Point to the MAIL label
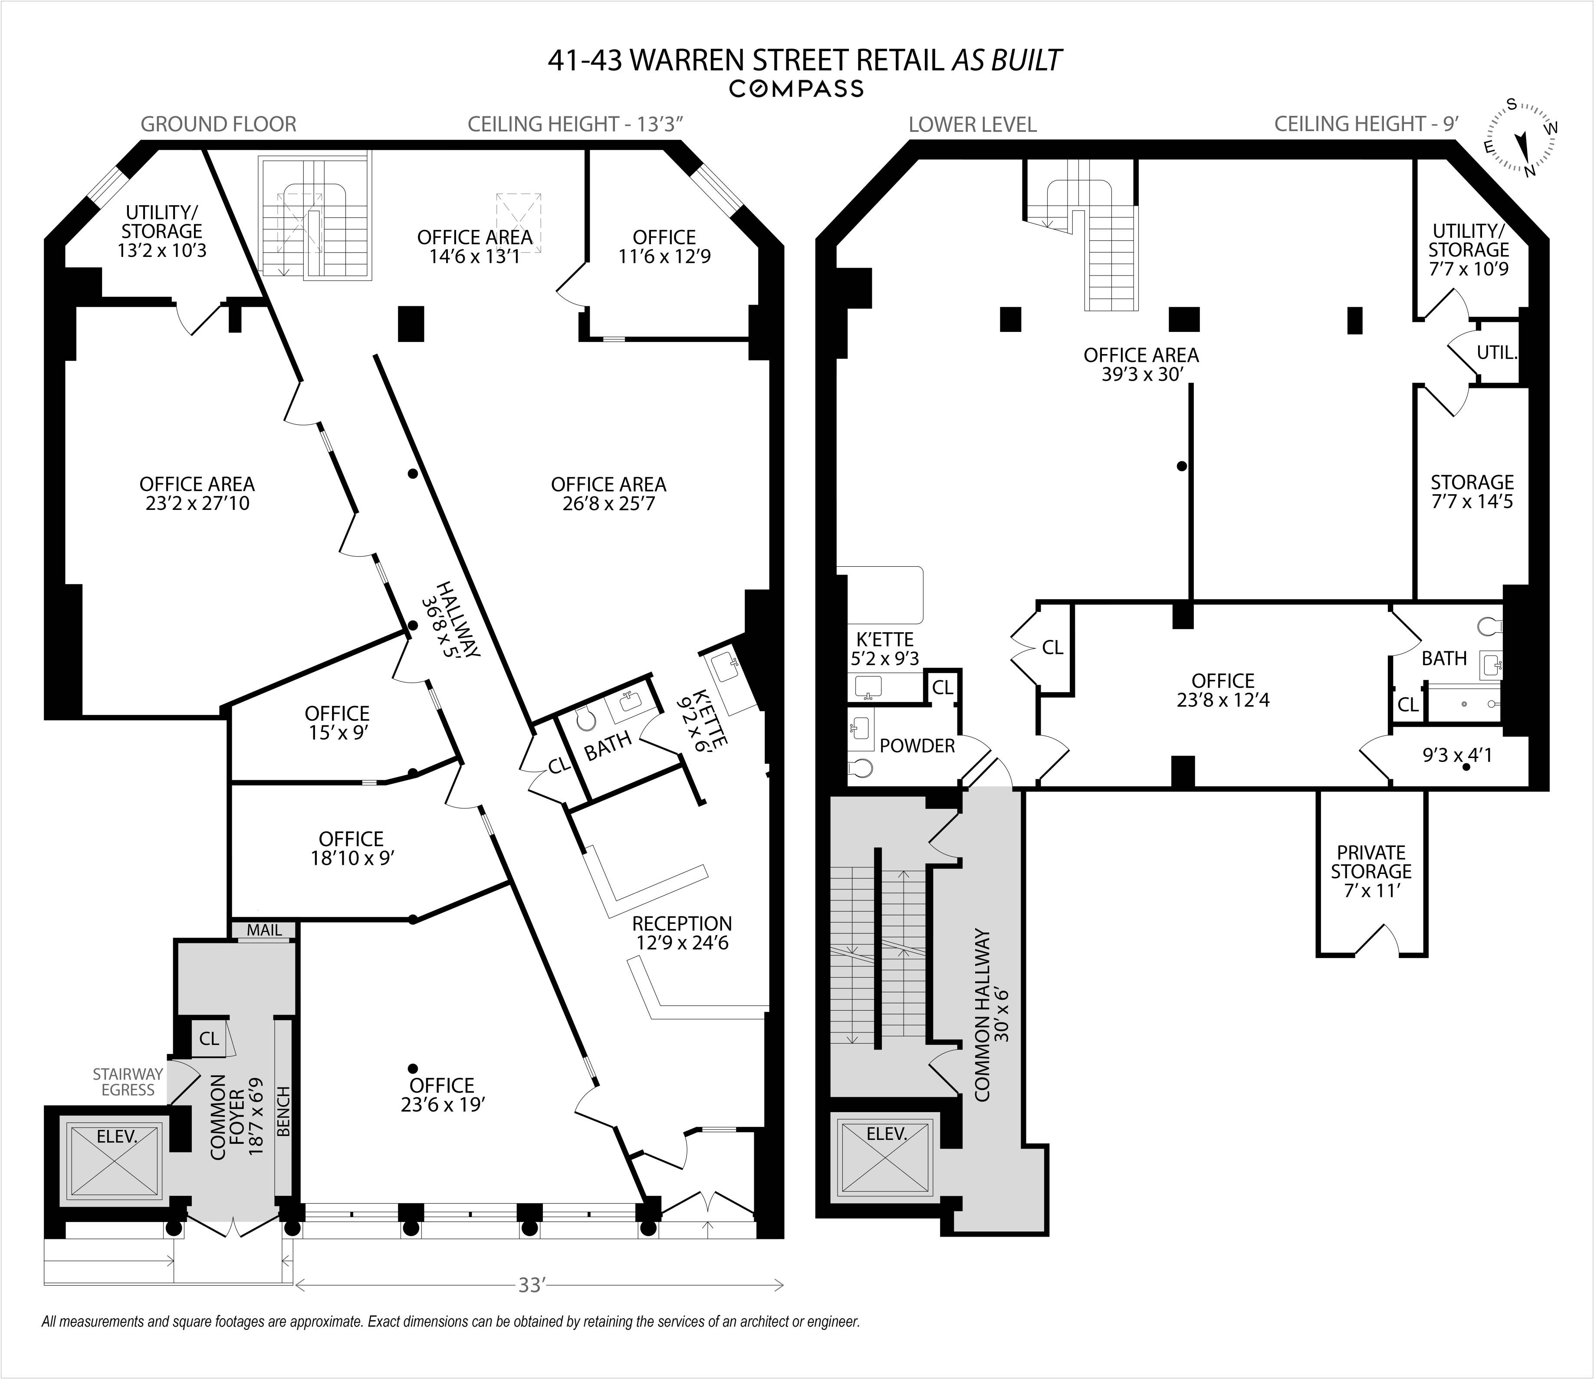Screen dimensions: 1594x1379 [264, 929]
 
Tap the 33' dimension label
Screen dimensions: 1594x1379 [531, 1284]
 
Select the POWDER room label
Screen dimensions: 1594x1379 [917, 745]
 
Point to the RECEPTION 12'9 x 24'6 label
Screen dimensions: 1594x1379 [682, 932]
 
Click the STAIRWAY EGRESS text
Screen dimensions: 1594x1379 [128, 1081]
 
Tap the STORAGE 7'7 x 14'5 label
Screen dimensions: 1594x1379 [1472, 492]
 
